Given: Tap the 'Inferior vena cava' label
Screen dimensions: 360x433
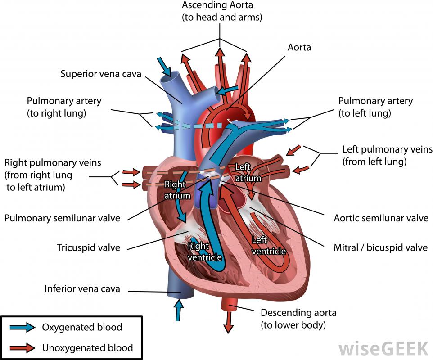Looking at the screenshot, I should click(82, 288).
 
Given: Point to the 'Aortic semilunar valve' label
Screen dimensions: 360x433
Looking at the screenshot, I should click(381, 218).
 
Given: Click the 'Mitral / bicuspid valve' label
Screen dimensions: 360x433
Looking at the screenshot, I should click(380, 247).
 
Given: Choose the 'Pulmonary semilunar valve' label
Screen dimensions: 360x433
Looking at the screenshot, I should click(62, 218).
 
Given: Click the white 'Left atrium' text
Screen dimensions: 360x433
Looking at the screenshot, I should click(248, 172).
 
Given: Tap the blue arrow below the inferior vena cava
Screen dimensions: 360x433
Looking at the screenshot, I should click(179, 310).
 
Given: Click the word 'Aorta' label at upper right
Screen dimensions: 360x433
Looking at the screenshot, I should click(299, 47).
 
